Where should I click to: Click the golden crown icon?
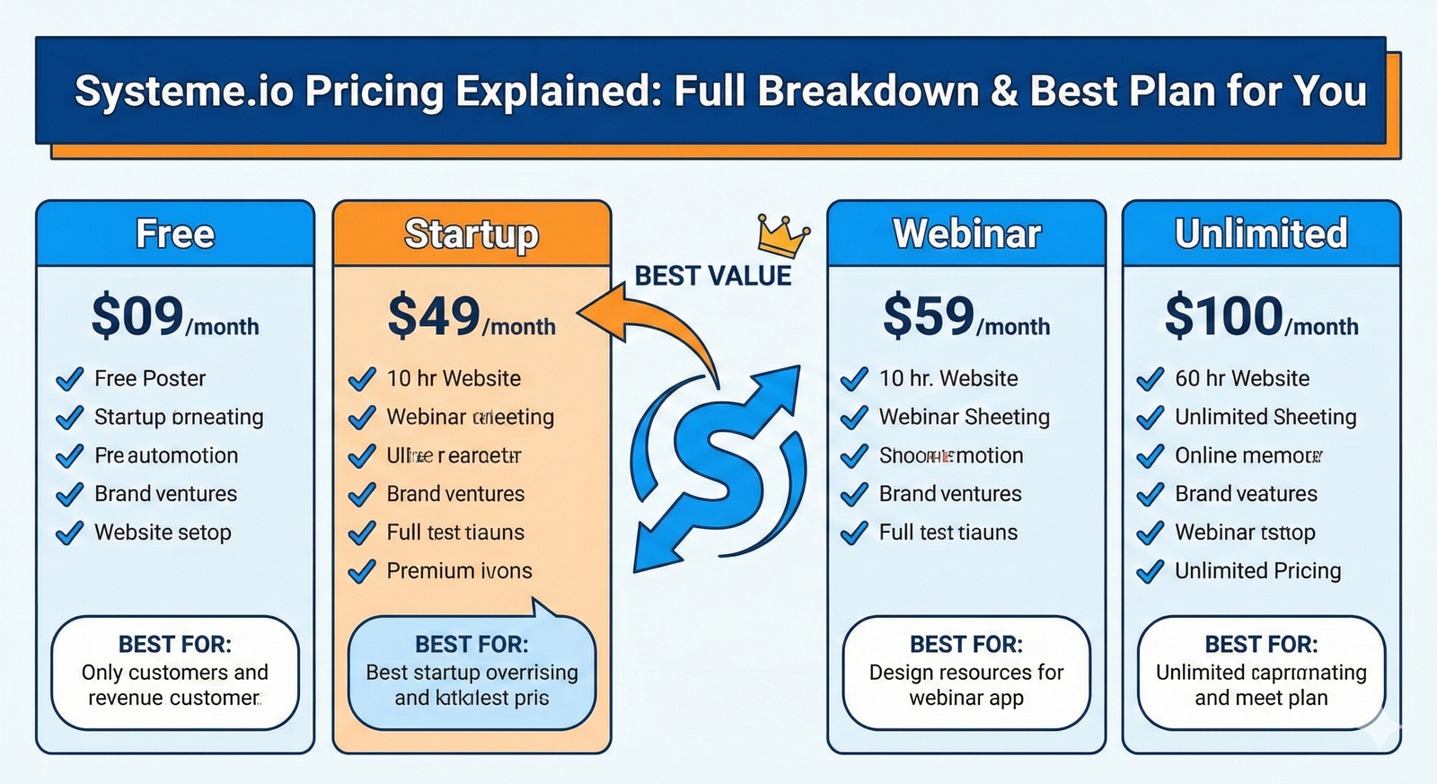tap(782, 236)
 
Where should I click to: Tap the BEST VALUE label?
tap(713, 276)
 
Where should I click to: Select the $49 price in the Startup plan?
tap(434, 317)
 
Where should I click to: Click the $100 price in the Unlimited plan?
tap(1223, 317)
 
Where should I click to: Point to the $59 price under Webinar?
tap(929, 317)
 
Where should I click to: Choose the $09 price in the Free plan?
tap(137, 317)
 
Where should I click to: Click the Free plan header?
tap(175, 234)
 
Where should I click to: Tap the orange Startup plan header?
tap(472, 234)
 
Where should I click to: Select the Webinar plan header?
tap(966, 234)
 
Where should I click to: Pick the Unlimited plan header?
tap(1261, 234)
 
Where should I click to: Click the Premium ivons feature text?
tap(459, 571)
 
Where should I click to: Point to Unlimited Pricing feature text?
tap(1257, 571)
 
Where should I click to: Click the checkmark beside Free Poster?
tap(69, 379)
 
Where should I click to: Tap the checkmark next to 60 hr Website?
tap(1150, 379)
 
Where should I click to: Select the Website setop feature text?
tap(163, 533)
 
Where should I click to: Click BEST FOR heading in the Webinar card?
tap(965, 645)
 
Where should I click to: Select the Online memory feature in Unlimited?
tap(1247, 456)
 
